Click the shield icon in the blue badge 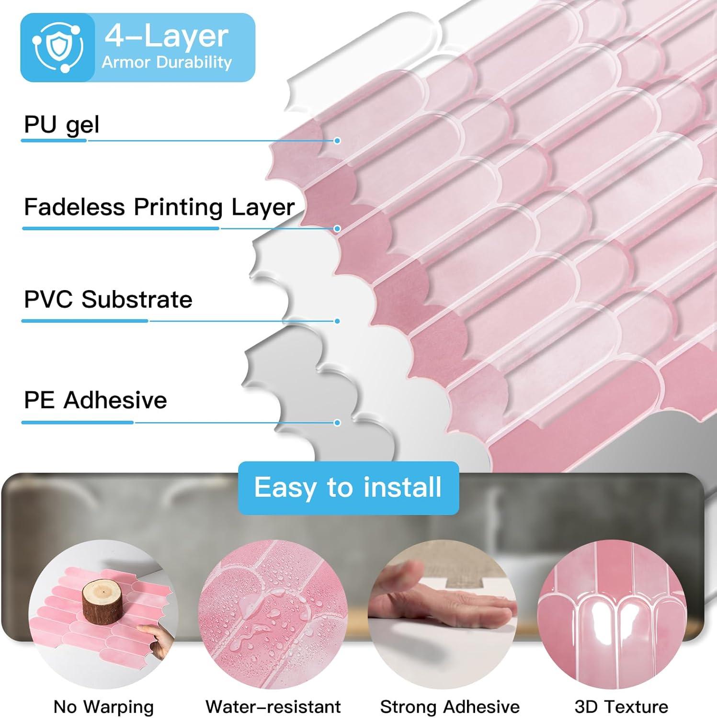57,47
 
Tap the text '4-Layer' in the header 167,36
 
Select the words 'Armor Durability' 167,62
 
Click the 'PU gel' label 62,124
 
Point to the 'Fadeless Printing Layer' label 159,207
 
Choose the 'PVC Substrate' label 108,300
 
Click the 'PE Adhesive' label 95,400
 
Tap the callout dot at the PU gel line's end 337,141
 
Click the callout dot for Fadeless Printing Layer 337,229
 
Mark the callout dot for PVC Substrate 337,321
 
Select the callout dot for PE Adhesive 337,423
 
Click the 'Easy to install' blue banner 348,488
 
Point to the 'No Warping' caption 104,707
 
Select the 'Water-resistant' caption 273,707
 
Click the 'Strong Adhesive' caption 450,707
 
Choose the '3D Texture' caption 621,707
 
